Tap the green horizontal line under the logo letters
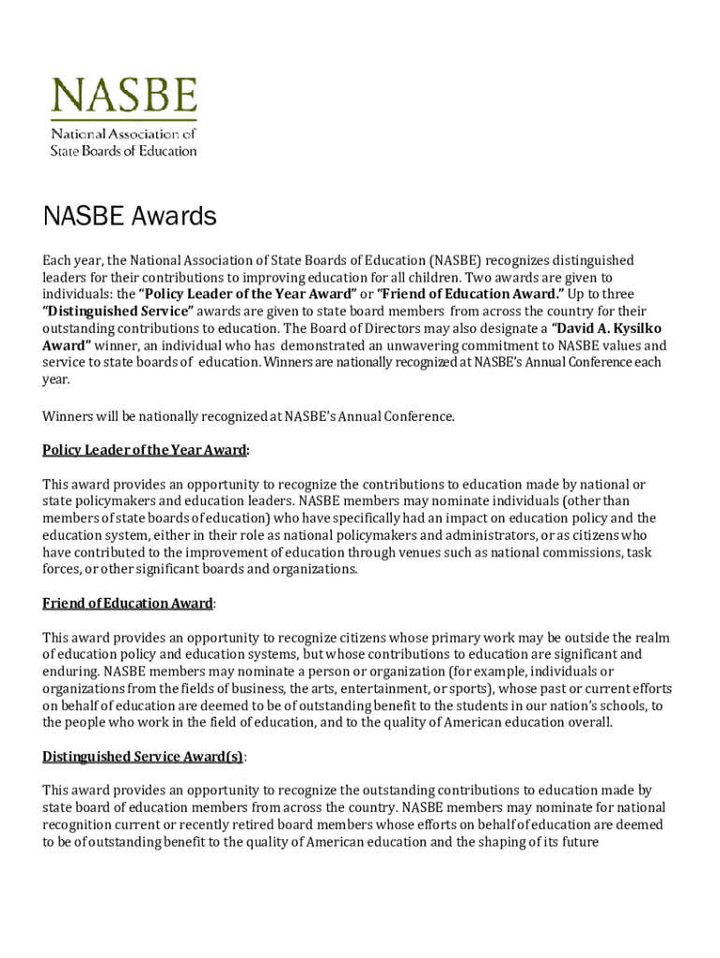pyautogui.click(x=123, y=121)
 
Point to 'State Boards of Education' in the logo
pyautogui.click(x=123, y=150)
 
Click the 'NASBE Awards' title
pyautogui.click(x=129, y=217)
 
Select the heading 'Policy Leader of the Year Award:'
pyautogui.click(x=146, y=450)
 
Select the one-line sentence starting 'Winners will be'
pyautogui.click(x=249, y=416)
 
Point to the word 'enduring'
pyautogui.click(x=70, y=672)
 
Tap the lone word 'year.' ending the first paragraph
pyautogui.click(x=56, y=380)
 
